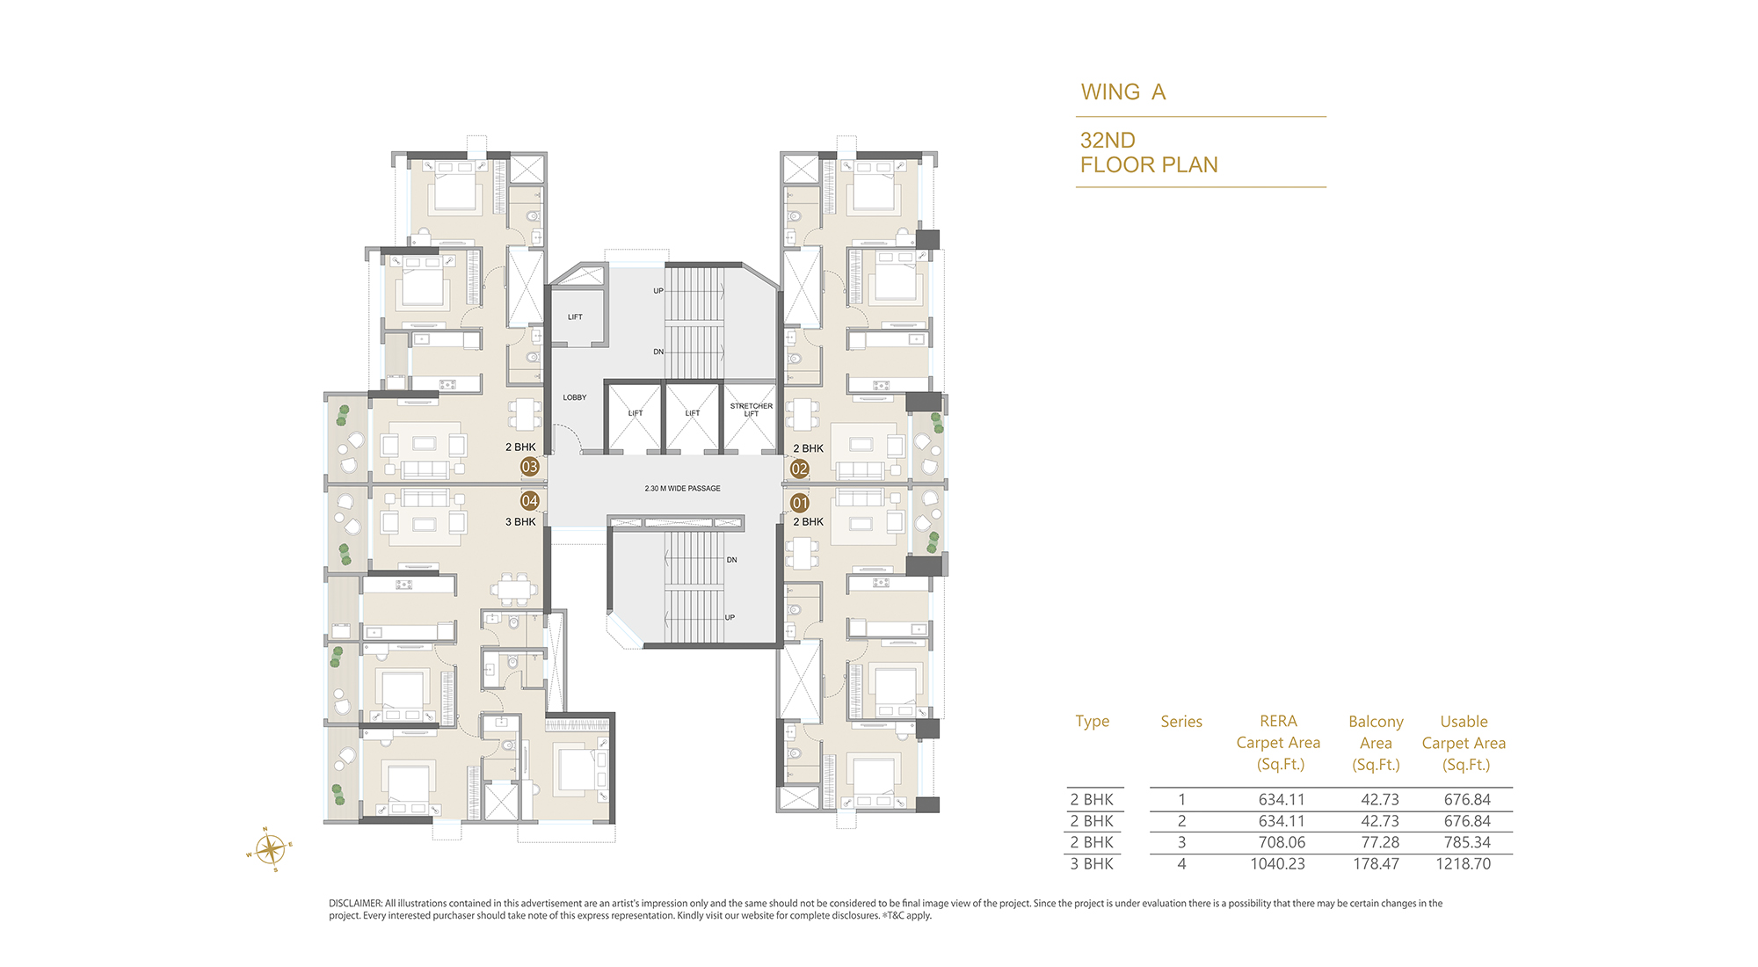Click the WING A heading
(1122, 92)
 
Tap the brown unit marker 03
(529, 467)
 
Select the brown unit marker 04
(529, 501)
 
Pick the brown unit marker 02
(799, 469)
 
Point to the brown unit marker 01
(799, 503)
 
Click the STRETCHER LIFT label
(751, 410)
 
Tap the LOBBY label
(575, 397)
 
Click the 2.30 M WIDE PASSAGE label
(682, 488)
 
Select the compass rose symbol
(270, 849)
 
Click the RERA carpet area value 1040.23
(1278, 864)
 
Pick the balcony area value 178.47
(1376, 864)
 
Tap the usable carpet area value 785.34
(1467, 842)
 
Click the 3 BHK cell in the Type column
(1092, 864)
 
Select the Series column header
(1181, 722)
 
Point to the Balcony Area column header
(1376, 743)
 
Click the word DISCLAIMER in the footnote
(355, 903)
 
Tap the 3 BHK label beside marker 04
(520, 522)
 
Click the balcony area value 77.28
(1380, 842)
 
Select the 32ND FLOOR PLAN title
(1149, 152)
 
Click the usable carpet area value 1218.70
(1464, 864)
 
